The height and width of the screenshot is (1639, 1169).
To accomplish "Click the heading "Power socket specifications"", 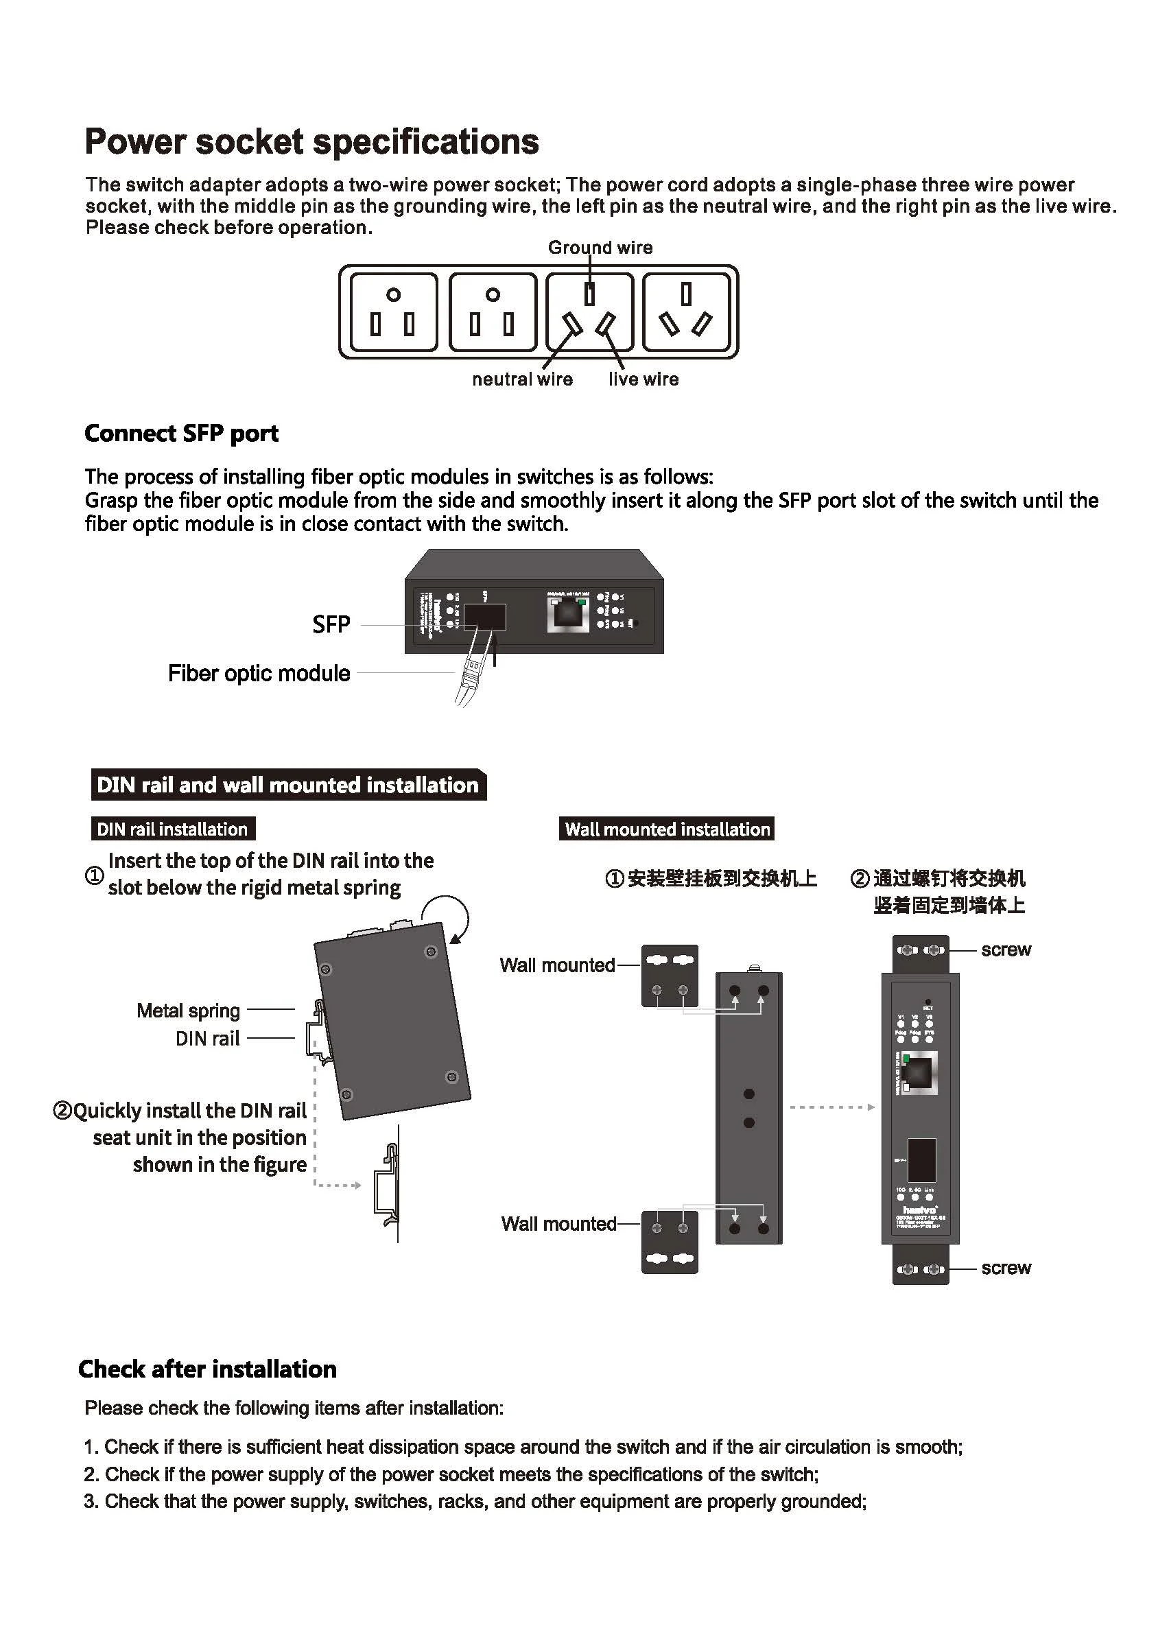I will pos(311,142).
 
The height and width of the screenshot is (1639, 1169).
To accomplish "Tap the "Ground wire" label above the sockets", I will pos(600,248).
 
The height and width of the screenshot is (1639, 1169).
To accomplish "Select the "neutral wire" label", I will pos(522,379).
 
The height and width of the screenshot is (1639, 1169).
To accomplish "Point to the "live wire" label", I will pos(643,379).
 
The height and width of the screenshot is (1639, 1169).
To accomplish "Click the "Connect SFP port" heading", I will pos(181,434).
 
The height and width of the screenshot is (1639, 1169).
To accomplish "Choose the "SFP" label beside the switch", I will pos(331,624).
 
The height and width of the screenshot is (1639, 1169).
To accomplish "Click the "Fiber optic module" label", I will pos(259,673).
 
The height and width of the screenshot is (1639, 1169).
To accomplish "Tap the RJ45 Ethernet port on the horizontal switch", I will pos(568,614).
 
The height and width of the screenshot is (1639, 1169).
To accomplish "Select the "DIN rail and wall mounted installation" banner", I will pos(288,785).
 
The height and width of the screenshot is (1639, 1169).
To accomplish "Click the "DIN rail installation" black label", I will pos(172,829).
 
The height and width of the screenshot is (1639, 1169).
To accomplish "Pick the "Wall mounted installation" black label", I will pos(667,829).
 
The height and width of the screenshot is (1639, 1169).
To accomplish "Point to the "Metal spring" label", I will pos(188,1011).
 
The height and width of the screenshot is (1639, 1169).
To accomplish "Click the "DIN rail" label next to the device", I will pos(207,1038).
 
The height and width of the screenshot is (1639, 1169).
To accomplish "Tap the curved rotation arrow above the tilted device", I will pos(448,917).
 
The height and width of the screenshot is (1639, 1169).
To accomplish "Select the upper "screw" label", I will pos(1006,950).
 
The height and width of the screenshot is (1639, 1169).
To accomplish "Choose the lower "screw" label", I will pos(1006,1268).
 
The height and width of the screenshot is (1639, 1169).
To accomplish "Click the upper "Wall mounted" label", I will pos(557,965).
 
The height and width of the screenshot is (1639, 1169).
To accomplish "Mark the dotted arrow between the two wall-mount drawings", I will pos(831,1107).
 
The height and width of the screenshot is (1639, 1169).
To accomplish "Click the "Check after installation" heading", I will pos(207,1369).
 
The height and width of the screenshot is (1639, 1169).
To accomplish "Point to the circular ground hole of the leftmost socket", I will pos(393,294).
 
